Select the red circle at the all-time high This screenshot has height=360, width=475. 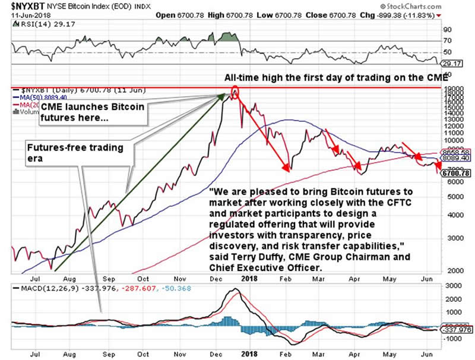click(235, 93)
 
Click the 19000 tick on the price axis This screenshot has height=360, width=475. click(449, 88)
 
